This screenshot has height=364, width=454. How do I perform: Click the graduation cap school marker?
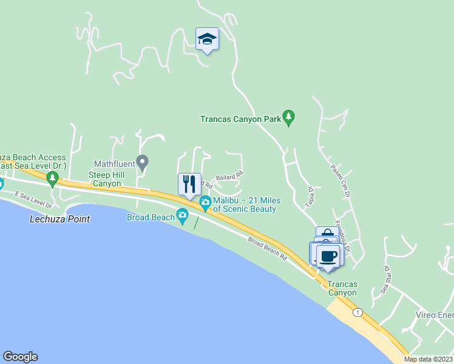tap(207, 39)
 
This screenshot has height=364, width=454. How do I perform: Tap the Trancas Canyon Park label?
tap(240, 119)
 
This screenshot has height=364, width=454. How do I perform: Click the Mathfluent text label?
tap(114, 164)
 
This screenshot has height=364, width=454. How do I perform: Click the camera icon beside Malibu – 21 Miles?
tap(205, 201)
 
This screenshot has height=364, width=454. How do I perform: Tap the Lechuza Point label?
tap(59, 219)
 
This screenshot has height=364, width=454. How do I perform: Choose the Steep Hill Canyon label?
tap(105, 179)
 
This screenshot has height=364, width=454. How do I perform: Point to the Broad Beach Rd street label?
tap(267, 248)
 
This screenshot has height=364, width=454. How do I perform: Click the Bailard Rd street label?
tap(229, 175)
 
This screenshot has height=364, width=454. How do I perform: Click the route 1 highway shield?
tap(358, 312)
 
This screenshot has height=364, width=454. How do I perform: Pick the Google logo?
tap(20, 357)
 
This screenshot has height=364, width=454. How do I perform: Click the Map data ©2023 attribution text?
tap(429, 359)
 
